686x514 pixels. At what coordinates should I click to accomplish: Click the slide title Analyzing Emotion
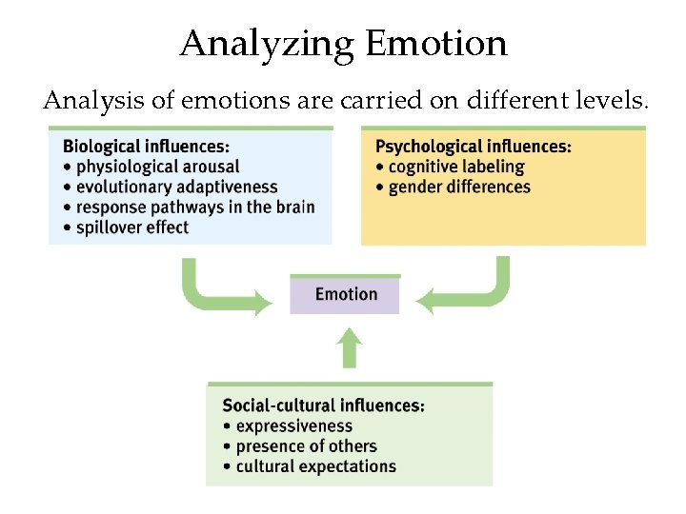click(343, 44)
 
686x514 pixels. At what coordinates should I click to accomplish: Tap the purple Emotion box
click(345, 294)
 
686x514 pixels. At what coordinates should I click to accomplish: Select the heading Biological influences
click(146, 147)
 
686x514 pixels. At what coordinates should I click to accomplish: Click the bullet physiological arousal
click(163, 167)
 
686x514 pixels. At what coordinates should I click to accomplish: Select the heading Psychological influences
click(474, 147)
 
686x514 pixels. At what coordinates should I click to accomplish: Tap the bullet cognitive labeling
click(455, 167)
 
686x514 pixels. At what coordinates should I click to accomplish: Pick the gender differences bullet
click(458, 187)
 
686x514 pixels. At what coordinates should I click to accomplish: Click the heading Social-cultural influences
click(323, 405)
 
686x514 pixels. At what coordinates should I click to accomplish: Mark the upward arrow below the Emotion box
click(351, 348)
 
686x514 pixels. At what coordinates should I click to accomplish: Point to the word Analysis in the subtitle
click(85, 100)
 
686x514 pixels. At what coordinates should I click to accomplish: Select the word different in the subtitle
click(515, 100)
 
